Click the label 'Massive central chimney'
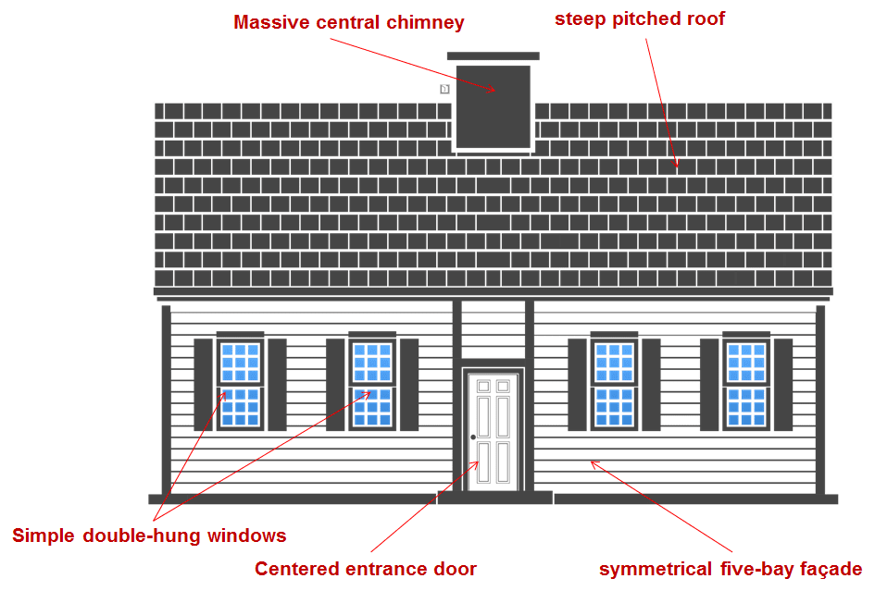pos(348,22)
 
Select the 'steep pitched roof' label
pos(640,19)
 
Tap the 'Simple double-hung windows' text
pos(149,536)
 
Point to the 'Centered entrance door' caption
pos(366,569)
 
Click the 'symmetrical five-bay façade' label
pos(731,569)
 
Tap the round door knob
pos(473,437)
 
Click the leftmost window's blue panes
pos(240,385)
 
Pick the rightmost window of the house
pos(745,385)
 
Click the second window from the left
pos(372,385)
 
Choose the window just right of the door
pos(613,385)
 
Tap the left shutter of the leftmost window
pos(203,385)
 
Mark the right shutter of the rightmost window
pos(783,385)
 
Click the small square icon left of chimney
pos(444,89)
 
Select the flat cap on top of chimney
pos(494,56)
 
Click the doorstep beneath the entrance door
pos(494,498)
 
